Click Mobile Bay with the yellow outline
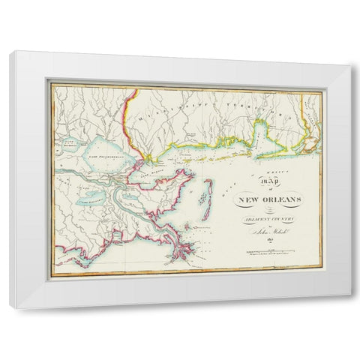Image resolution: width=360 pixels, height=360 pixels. pyautogui.click(x=259, y=135)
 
